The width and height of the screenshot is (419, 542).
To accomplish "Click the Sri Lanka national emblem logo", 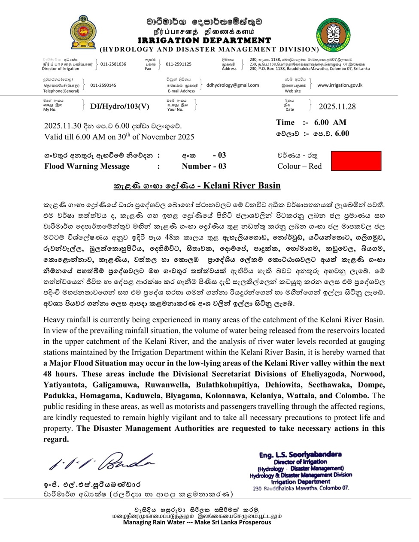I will (x=83, y=33).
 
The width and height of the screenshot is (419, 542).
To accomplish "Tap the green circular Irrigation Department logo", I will (x=333, y=35).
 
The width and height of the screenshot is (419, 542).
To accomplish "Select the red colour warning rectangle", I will (x=356, y=161).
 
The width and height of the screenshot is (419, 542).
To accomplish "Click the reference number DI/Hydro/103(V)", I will (x=120, y=106).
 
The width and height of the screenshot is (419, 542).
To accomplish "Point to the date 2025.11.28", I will (x=337, y=106).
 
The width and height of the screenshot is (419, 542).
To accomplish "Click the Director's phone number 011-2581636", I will (x=113, y=64).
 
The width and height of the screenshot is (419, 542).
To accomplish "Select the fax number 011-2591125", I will (x=179, y=64).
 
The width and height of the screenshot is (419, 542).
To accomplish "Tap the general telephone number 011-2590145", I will (x=103, y=85).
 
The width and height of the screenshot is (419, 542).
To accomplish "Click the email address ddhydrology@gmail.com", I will (x=233, y=85).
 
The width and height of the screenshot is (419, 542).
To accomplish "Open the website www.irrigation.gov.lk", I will (x=340, y=85).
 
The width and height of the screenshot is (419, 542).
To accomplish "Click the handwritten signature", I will (x=101, y=462).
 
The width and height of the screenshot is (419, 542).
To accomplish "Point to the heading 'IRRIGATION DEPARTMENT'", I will (x=204, y=40).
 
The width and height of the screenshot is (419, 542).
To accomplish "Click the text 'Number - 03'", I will (x=204, y=166).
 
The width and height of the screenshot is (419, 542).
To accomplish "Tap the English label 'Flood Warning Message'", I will (x=87, y=166).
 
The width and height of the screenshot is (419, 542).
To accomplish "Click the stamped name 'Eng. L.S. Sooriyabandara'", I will (x=301, y=454).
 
